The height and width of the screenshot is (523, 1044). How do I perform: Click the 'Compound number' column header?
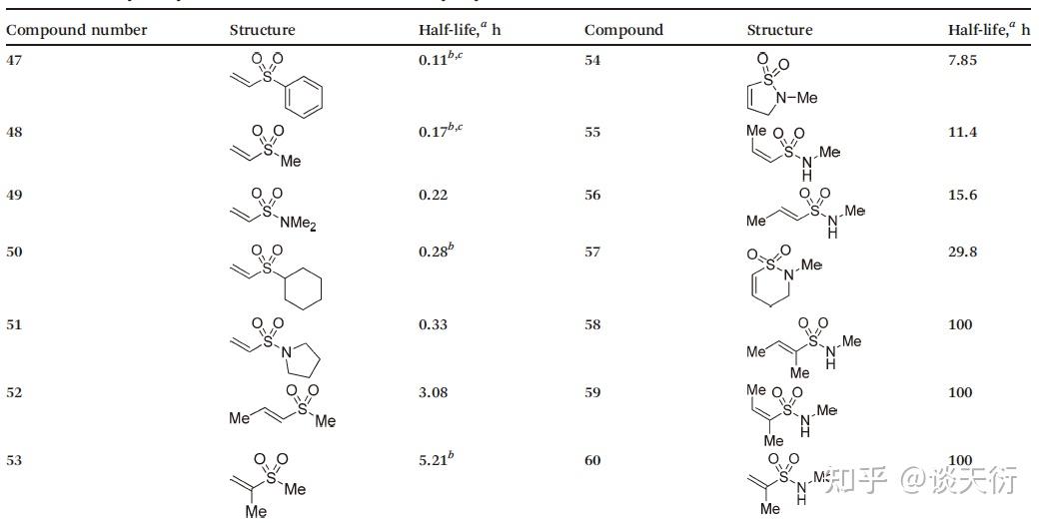77,30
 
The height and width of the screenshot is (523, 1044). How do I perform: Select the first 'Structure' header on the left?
262,30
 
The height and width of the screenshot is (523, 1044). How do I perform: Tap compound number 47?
15,60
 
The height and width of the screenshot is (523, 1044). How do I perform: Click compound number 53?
15,460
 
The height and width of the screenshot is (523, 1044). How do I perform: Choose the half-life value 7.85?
962,60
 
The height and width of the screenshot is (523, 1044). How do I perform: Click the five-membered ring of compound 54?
766,92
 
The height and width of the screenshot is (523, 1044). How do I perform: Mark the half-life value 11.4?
962,132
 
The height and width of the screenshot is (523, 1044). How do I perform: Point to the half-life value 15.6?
962,195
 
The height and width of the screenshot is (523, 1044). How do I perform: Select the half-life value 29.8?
962,252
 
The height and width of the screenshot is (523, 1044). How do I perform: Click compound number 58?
593,324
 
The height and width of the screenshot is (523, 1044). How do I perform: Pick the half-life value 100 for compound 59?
960,392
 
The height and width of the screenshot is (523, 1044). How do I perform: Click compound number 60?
593,460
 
